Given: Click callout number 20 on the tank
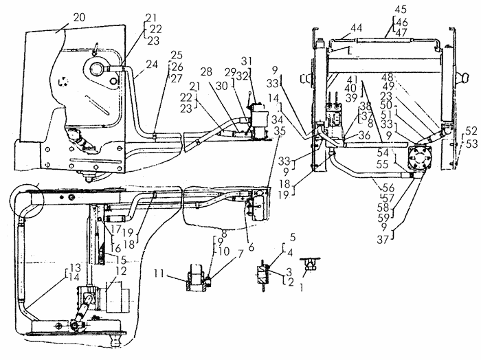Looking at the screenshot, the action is tap(79, 17).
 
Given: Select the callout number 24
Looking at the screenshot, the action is tap(152, 65).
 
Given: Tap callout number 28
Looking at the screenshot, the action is tap(206, 71).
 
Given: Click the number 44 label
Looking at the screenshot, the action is tap(356, 28).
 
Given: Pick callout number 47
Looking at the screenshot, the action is tap(401, 33).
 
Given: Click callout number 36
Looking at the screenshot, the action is tap(364, 135).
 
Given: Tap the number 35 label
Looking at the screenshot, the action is tap(280, 131).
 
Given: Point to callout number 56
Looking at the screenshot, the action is tap(388, 188).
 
